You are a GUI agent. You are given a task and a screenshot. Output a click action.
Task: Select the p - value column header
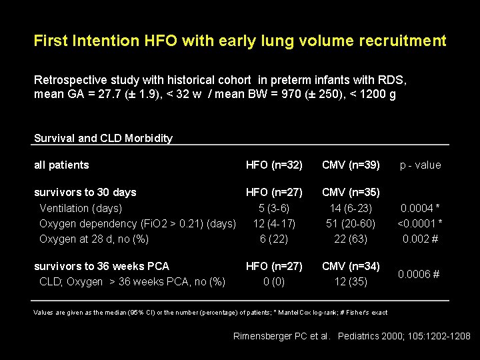(x=420, y=165)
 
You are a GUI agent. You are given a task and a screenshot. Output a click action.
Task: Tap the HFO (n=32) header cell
(x=274, y=165)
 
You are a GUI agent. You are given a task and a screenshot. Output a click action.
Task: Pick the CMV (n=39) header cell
(x=351, y=165)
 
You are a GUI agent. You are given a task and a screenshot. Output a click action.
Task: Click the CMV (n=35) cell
(x=351, y=193)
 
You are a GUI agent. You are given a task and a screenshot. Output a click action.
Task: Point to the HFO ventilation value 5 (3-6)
(x=274, y=208)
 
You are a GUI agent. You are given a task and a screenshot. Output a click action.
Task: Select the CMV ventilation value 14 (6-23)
(x=351, y=208)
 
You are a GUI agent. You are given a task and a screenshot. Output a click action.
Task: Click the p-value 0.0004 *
(x=420, y=208)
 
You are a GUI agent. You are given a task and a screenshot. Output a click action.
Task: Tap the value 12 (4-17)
(x=274, y=223)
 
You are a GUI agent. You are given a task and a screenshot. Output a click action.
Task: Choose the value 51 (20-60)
(x=351, y=223)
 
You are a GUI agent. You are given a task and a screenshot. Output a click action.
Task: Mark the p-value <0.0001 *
(x=420, y=223)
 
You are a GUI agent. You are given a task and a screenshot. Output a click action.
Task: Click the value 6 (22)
(x=274, y=239)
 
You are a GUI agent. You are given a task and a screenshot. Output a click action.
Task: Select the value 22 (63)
(x=351, y=239)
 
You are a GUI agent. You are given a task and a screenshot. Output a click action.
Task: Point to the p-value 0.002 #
(x=420, y=239)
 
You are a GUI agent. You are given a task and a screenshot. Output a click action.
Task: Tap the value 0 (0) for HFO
(x=274, y=281)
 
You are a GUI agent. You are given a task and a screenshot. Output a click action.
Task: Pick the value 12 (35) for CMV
(x=351, y=281)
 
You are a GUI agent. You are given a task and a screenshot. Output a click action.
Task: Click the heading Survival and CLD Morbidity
(x=103, y=139)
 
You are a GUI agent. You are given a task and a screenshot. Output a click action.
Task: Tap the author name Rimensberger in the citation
(x=262, y=336)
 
